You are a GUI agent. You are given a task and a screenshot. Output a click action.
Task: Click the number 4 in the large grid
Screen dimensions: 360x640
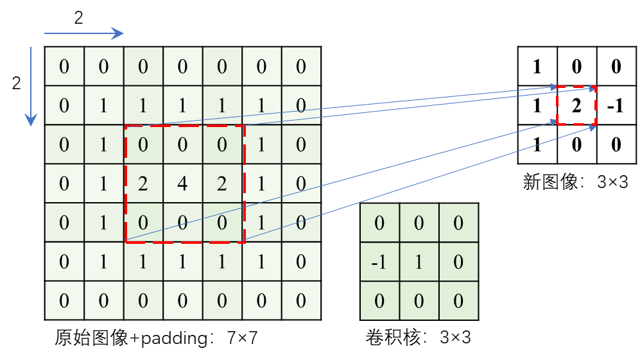(182, 184)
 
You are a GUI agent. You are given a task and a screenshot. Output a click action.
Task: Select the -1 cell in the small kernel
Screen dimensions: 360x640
(379, 262)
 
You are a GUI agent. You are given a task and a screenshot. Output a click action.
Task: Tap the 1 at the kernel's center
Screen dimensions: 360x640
(419, 262)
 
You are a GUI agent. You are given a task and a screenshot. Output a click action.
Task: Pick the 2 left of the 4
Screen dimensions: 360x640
(143, 184)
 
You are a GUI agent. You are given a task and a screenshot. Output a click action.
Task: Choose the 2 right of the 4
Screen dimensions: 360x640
(222, 184)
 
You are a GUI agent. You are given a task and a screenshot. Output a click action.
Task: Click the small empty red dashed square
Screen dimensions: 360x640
(576, 105)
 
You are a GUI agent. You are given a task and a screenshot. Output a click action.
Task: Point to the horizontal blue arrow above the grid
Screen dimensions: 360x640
(83, 33)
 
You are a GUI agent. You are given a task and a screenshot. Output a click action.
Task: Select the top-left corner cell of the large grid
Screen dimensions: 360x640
(64, 67)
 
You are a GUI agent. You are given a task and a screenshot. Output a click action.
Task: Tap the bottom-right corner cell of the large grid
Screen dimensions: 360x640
(300, 300)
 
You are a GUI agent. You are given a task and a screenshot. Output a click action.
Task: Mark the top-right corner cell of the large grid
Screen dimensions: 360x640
(300, 67)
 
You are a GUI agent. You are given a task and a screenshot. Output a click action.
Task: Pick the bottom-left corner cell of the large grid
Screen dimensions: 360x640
(64, 300)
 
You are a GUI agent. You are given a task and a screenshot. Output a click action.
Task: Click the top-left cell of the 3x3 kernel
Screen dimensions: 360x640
(379, 223)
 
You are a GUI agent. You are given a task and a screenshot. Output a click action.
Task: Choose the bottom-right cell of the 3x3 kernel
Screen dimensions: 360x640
(458, 300)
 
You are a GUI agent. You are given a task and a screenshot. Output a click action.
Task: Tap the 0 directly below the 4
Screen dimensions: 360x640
(182, 223)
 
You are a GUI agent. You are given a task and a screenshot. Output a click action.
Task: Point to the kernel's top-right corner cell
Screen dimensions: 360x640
(458, 223)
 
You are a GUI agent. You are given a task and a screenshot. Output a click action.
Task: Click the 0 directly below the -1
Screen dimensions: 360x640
(379, 300)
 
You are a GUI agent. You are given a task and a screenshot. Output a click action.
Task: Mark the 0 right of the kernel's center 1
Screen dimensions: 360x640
(458, 262)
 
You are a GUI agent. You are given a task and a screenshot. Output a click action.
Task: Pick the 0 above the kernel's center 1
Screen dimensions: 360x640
(419, 223)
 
